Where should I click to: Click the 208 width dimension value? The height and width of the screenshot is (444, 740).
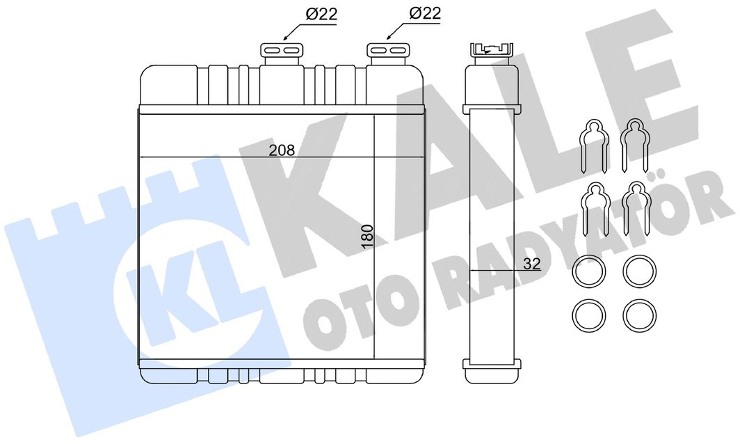pos(282,150)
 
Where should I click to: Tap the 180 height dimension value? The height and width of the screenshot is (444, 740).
pos(367,237)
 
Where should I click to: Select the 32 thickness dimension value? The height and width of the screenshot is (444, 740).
pos(532,264)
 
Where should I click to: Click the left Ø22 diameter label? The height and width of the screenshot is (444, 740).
pos(321,14)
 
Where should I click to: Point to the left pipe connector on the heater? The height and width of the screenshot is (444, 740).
pos(282,55)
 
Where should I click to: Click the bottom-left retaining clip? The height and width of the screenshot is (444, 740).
pos(593,209)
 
